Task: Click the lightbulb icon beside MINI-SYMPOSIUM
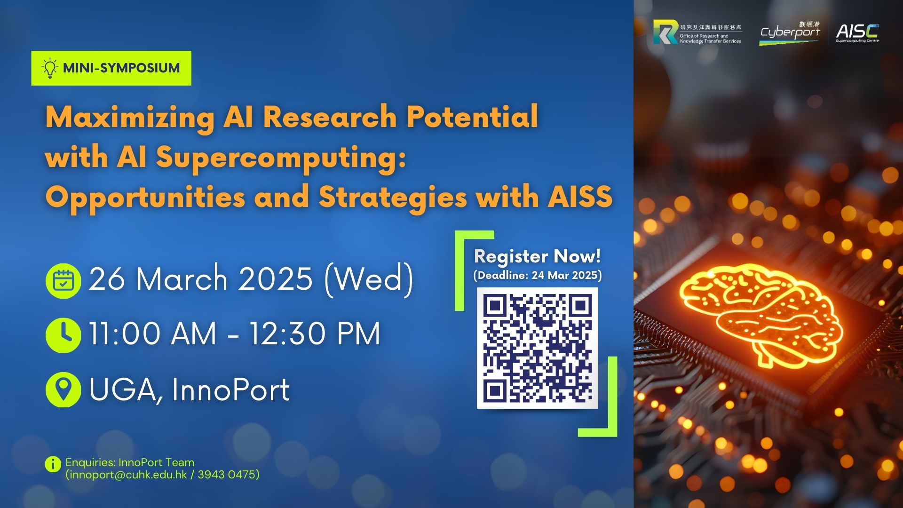click(x=50, y=68)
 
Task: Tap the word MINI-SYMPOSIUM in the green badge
click(x=121, y=68)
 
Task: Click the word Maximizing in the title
click(x=130, y=118)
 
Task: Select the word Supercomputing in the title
click(x=281, y=159)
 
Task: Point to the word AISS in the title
click(x=580, y=197)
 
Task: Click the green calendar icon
click(x=63, y=281)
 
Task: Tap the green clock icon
click(x=63, y=335)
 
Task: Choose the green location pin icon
click(x=63, y=390)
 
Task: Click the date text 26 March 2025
click(x=201, y=278)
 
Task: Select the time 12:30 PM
click(x=315, y=334)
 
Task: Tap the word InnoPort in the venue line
click(x=230, y=390)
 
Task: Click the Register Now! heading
click(x=537, y=256)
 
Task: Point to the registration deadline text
click(x=538, y=275)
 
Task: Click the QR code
click(x=538, y=348)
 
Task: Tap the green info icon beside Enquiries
click(x=53, y=464)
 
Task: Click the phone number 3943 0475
click(x=227, y=475)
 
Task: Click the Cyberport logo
click(x=790, y=32)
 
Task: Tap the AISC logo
click(x=857, y=32)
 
